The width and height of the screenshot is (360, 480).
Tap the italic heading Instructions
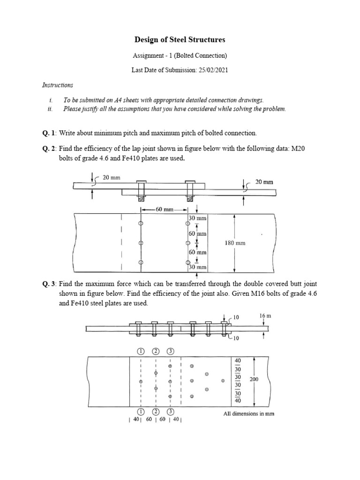pyautogui.click(x=58, y=85)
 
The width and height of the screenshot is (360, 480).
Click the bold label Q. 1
pyautogui.click(x=49, y=133)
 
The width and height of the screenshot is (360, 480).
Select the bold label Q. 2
pyautogui.click(x=49, y=148)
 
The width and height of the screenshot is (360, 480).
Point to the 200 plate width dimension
pyautogui.click(x=254, y=380)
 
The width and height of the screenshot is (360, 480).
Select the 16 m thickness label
pyautogui.click(x=265, y=316)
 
